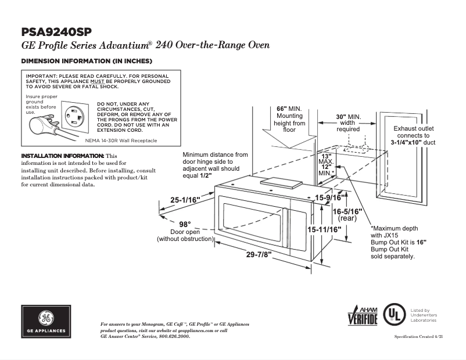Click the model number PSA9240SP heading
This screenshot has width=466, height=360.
[56, 31]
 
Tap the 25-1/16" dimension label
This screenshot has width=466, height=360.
[185, 200]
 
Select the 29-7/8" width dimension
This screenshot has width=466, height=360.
[258, 254]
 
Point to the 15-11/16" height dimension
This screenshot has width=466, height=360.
[324, 230]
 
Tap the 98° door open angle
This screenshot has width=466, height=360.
[185, 225]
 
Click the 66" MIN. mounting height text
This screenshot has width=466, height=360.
[289, 109]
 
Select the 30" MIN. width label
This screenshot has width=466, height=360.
[348, 117]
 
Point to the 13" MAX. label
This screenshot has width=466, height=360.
[325, 159]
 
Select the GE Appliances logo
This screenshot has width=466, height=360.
[47, 321]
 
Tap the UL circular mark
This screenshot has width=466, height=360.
[396, 315]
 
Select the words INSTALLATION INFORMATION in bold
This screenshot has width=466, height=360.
[63, 156]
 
